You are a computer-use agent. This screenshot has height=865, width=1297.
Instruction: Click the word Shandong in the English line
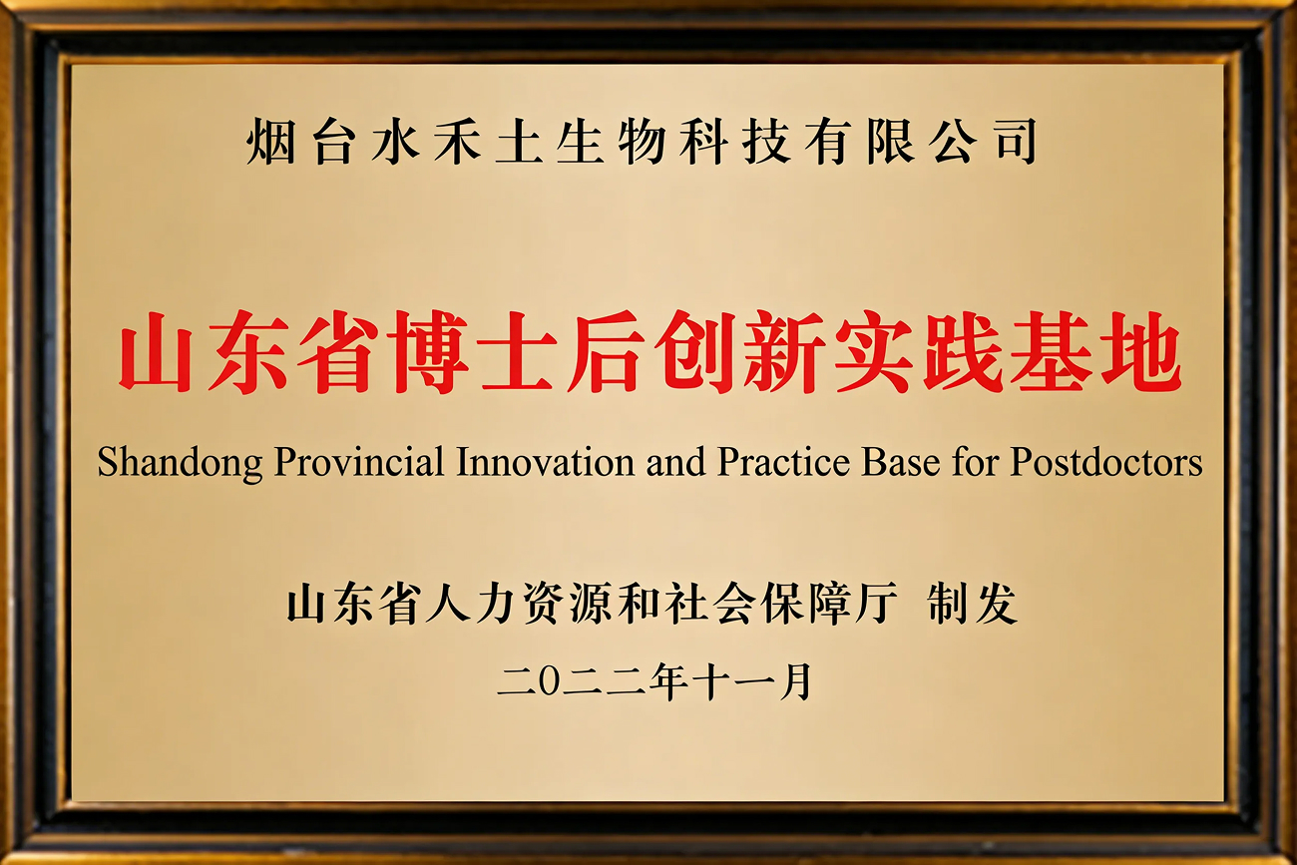tap(180, 463)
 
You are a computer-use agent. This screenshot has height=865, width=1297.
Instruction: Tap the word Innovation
tap(545, 462)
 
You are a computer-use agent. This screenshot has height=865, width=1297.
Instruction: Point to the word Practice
tap(783, 462)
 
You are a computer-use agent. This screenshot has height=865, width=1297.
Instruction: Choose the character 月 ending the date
tap(795, 683)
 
